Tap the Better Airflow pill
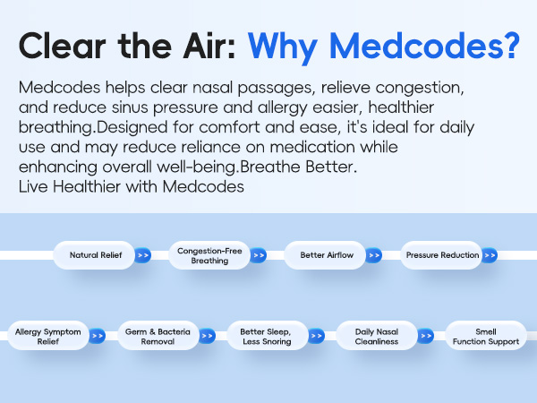[x=325, y=255]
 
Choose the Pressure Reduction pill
[x=441, y=255]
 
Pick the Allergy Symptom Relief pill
[x=47, y=337]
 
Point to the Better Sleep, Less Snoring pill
[x=265, y=337]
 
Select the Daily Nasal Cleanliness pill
[x=374, y=337]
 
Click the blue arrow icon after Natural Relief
[x=143, y=255]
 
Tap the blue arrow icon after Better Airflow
[x=374, y=255]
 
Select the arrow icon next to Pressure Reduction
[x=489, y=255]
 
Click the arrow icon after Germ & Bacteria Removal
[x=208, y=337]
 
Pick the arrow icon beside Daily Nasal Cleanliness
[x=425, y=337]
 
